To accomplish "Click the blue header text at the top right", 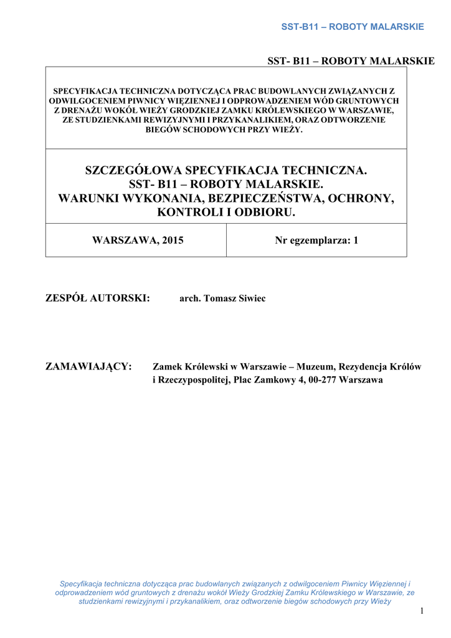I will [x=353, y=27].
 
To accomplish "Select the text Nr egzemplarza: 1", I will [x=316, y=240].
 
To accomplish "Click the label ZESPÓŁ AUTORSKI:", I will [x=98, y=298].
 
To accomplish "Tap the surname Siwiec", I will [x=250, y=299].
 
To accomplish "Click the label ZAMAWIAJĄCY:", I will [x=88, y=366].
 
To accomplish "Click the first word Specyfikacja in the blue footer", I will [x=81, y=584].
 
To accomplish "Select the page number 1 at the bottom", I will [x=422, y=611].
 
